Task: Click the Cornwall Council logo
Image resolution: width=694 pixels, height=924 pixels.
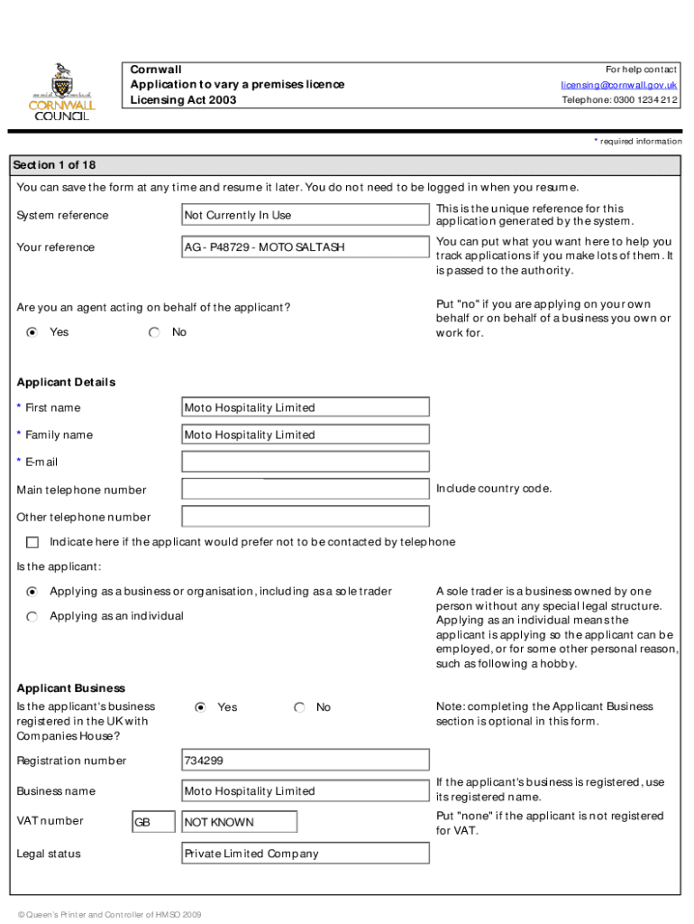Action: pyautogui.click(x=62, y=92)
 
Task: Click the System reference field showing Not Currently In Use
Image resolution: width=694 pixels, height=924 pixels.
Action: pyautogui.click(x=305, y=215)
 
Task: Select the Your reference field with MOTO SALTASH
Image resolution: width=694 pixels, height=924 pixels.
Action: pyautogui.click(x=305, y=247)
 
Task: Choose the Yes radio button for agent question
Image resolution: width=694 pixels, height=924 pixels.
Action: pyautogui.click(x=32, y=332)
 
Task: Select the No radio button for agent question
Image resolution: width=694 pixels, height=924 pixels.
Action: pyautogui.click(x=155, y=332)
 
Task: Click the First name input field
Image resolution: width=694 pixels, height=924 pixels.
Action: pyautogui.click(x=305, y=408)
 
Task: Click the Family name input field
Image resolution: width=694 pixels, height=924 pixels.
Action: pyautogui.click(x=305, y=435)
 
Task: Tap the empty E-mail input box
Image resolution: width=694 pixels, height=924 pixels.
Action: pyautogui.click(x=305, y=462)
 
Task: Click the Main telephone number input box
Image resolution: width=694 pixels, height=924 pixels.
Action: pyautogui.click(x=305, y=490)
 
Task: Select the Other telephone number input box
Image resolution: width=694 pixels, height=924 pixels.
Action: pyautogui.click(x=305, y=517)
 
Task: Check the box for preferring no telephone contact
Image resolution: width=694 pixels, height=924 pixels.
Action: pyautogui.click(x=33, y=542)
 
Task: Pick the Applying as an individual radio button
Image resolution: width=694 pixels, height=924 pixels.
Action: pyautogui.click(x=32, y=616)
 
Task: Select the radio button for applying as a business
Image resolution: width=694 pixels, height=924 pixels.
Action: pyautogui.click(x=32, y=592)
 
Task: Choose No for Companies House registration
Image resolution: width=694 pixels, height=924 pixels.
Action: pyautogui.click(x=300, y=707)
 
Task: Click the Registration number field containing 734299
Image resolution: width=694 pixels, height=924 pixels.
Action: pyautogui.click(x=305, y=761)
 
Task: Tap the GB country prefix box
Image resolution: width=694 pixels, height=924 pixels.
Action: pyautogui.click(x=153, y=822)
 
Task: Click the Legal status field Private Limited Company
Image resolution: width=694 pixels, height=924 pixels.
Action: pyautogui.click(x=305, y=854)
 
